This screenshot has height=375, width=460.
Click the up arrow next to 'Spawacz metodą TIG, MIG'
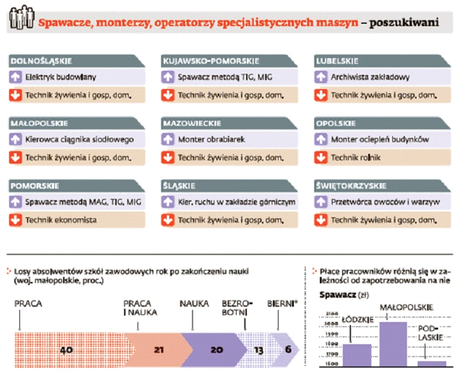pos(168,77)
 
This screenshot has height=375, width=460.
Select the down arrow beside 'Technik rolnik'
pos(321,158)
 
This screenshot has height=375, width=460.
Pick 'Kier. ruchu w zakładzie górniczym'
pos(237,202)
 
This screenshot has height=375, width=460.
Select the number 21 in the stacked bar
pos(159,350)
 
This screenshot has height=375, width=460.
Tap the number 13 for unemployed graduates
pos(259,350)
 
